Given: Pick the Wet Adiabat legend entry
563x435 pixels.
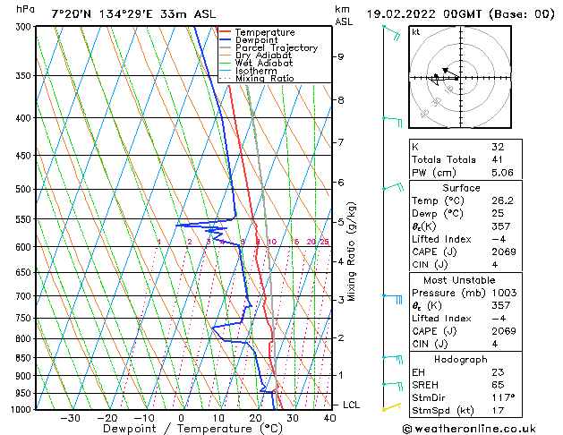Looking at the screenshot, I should pos(263,64).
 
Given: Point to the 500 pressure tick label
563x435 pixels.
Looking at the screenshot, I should pos(24,190).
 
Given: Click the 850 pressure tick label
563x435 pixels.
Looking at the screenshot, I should pos(24,358).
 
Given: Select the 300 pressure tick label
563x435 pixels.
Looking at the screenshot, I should pos(24,27).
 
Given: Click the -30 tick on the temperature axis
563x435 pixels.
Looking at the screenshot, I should pos(67,418).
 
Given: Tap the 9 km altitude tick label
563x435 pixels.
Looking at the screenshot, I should pos(341,56).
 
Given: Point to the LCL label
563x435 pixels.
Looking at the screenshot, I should pos(351,405).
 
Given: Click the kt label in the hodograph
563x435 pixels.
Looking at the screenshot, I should pos(416,32).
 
